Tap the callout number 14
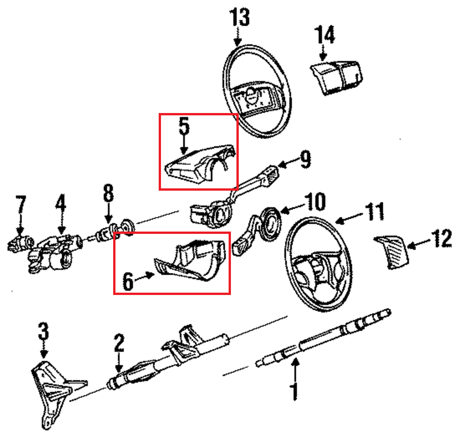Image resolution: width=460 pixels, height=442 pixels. pos(325,35)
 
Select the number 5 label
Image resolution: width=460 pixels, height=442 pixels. pos(184,127)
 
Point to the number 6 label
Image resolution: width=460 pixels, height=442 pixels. pos(128,281)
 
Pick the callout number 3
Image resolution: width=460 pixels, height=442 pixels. pos(43,331)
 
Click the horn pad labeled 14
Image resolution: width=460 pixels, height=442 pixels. pos(335,76)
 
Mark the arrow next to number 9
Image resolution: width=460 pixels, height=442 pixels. pos(286,163)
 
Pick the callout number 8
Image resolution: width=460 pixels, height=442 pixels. pos(108,194)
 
